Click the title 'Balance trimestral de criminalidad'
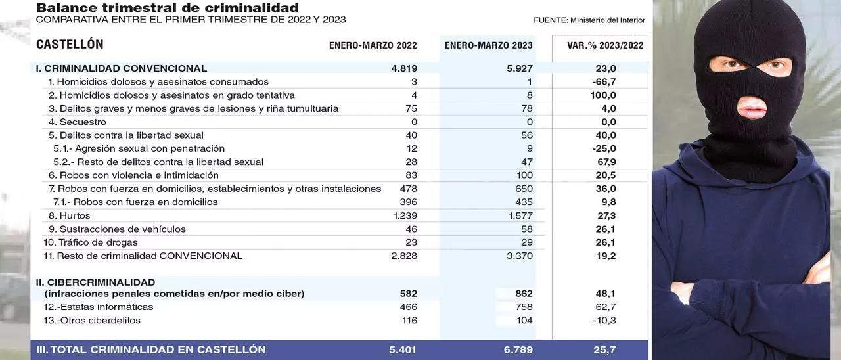coord(167,9)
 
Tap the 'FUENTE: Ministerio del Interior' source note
coord(589,20)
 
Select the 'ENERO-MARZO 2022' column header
coord(373,45)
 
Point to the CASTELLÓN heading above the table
coord(70,45)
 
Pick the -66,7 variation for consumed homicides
coord(604,82)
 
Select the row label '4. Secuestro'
coord(77,122)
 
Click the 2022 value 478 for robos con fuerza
coord(408,189)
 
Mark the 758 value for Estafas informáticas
coord(524,307)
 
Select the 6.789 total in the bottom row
coord(518,349)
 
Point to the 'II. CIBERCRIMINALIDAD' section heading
coord(95,282)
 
